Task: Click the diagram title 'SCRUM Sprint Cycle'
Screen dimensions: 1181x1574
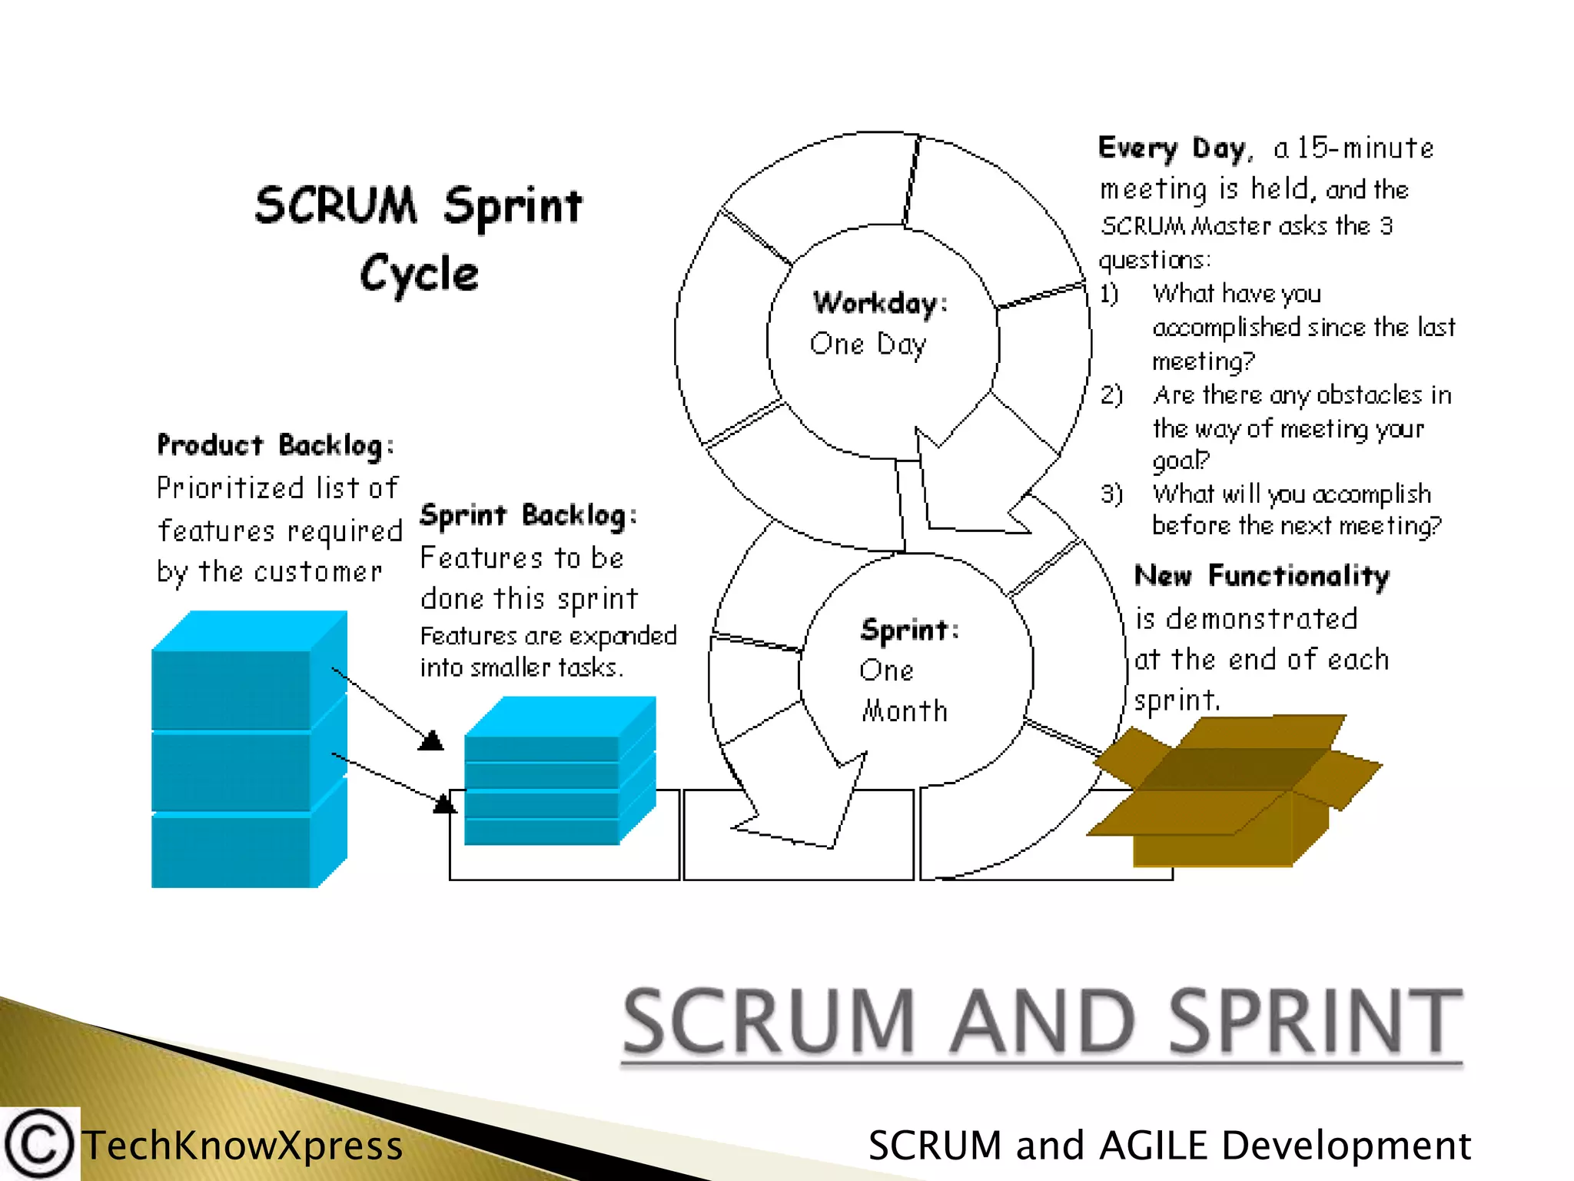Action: click(x=419, y=238)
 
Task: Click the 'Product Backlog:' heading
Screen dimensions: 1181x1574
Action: click(x=276, y=445)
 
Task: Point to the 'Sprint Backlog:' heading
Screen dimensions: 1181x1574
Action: click(x=529, y=515)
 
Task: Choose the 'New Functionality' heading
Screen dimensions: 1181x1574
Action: click(x=1262, y=576)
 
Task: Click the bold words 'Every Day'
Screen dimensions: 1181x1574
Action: click(x=1171, y=148)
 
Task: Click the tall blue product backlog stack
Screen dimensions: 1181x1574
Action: click(x=248, y=750)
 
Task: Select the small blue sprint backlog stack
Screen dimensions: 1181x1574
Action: click(x=560, y=771)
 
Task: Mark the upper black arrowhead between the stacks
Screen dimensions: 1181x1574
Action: click(x=431, y=740)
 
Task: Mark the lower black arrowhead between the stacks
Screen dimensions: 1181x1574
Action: click(x=444, y=804)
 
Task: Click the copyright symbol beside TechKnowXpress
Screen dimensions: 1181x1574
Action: click(x=38, y=1144)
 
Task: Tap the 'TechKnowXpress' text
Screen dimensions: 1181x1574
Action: click(x=243, y=1145)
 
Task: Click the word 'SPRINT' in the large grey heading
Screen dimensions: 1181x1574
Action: click(x=1315, y=1022)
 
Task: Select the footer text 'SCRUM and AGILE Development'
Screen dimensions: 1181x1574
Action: click(x=1169, y=1145)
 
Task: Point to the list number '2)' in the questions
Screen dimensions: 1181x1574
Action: click(x=1111, y=395)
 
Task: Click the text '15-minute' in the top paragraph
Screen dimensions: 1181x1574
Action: click(x=1365, y=148)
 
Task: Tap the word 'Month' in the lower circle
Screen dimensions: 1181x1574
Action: click(x=905, y=711)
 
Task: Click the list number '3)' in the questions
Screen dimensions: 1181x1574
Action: click(x=1111, y=494)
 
